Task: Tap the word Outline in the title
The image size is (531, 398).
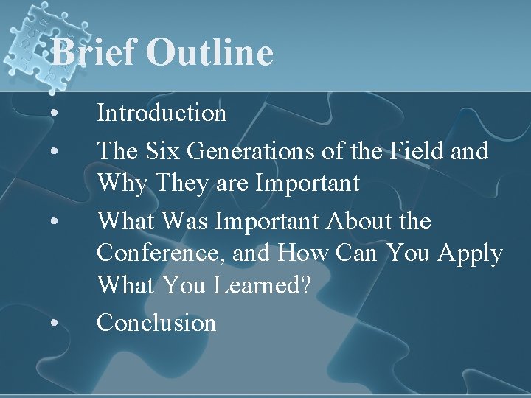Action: pos(209,53)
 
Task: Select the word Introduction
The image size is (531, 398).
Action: pos(162,113)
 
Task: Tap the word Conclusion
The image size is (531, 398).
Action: pos(156,322)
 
